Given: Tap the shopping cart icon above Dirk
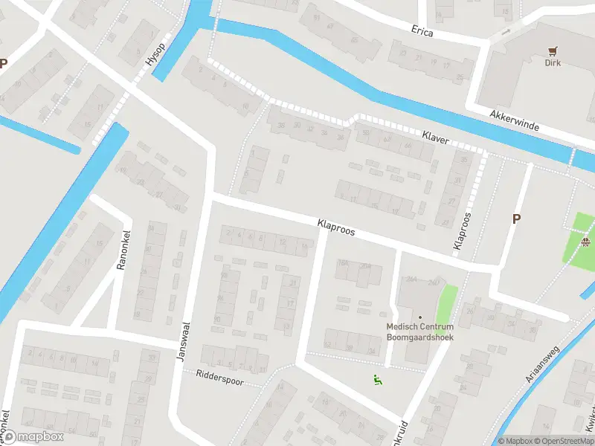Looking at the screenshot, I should pyautogui.click(x=552, y=51).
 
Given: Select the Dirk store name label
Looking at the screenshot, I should pyautogui.click(x=552, y=63).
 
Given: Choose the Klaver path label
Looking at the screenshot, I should pyautogui.click(x=435, y=138).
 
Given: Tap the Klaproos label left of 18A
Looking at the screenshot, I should pyautogui.click(x=335, y=227).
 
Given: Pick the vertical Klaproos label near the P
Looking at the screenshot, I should pyautogui.click(x=462, y=230).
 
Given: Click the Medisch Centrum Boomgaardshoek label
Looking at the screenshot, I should pyautogui.click(x=420, y=332).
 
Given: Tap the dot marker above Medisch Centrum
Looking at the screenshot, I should pyautogui.click(x=420, y=317).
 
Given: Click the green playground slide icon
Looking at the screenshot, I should pyautogui.click(x=377, y=380).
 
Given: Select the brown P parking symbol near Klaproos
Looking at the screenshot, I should pyautogui.click(x=515, y=219).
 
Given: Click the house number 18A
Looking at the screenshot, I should pyautogui.click(x=343, y=262).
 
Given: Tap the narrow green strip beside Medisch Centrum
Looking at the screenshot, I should pyautogui.click(x=446, y=305).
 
